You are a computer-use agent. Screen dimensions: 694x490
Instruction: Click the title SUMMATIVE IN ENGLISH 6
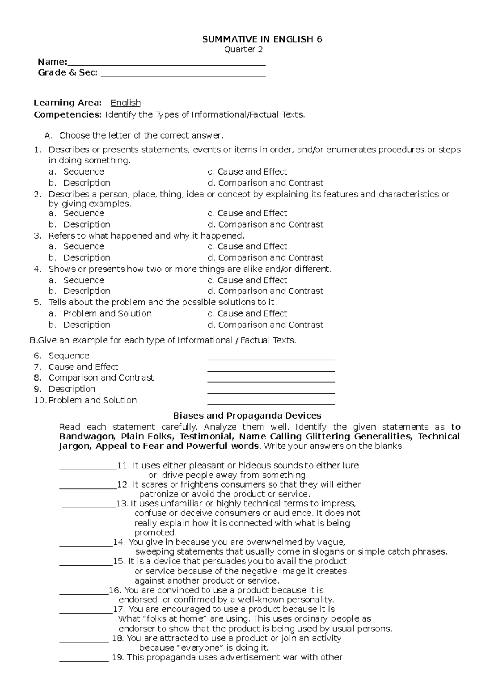[x=262, y=40]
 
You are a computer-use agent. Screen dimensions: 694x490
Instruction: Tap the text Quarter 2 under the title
[x=243, y=50]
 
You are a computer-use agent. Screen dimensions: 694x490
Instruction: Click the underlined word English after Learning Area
[x=126, y=103]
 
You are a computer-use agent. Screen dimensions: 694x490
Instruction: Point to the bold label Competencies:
[x=67, y=115]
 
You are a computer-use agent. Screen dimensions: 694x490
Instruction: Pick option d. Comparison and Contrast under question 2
[x=270, y=224]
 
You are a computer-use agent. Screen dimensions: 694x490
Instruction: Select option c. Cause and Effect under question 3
[x=252, y=246]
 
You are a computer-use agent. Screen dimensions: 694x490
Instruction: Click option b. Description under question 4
[x=86, y=291]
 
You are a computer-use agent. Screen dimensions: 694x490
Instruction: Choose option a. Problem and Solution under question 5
[x=107, y=313]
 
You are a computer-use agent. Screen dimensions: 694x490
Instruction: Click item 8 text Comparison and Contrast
[x=101, y=378]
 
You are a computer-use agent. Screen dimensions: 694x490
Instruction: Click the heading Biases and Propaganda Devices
[x=247, y=416]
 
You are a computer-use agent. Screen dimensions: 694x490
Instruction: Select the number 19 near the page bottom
[x=117, y=658]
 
